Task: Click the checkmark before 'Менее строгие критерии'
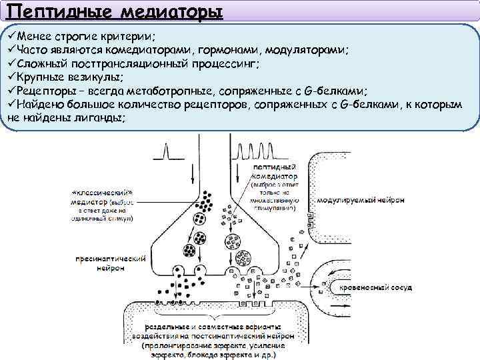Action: [x=11, y=37]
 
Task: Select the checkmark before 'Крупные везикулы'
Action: [x=11, y=77]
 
